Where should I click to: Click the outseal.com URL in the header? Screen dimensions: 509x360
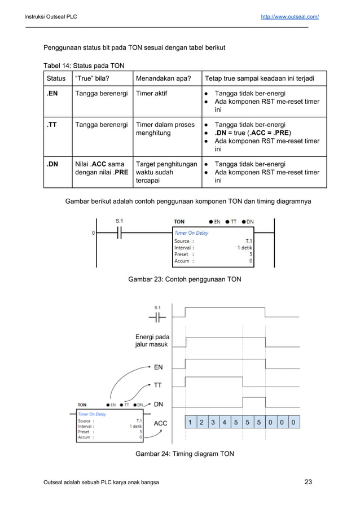click(x=289, y=17)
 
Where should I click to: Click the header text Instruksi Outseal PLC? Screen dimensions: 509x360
click(x=51, y=17)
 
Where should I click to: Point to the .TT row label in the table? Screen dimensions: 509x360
click(x=52, y=125)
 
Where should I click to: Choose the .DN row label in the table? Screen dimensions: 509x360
click(x=53, y=164)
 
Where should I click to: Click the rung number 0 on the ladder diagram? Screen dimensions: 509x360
click(x=93, y=232)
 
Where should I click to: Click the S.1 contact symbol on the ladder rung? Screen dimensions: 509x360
click(x=119, y=232)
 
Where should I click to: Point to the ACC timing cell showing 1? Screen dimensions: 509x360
click(x=191, y=422)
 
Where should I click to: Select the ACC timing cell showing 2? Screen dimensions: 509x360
click(x=202, y=422)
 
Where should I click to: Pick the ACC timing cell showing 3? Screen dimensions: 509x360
click(x=213, y=422)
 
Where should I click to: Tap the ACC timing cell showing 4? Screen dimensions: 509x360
click(x=225, y=422)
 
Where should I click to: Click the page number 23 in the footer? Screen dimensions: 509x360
click(x=308, y=482)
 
